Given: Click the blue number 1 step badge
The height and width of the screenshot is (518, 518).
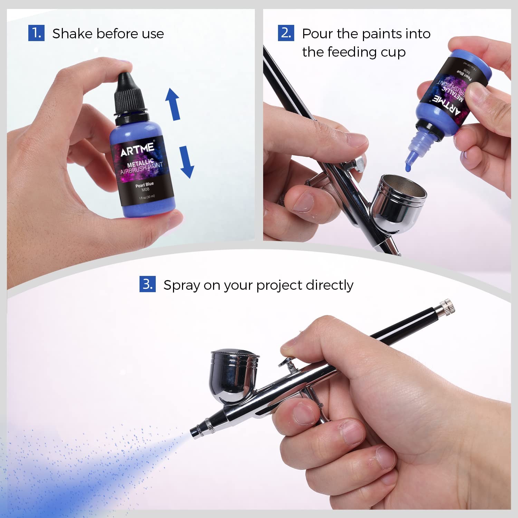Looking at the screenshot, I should pyautogui.click(x=36, y=33).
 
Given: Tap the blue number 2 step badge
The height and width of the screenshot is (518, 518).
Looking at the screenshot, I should pyautogui.click(x=286, y=33).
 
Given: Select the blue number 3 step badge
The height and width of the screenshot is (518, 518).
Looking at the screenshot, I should pyautogui.click(x=147, y=284).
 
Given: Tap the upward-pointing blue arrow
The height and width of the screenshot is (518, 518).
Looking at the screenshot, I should pyautogui.click(x=173, y=104).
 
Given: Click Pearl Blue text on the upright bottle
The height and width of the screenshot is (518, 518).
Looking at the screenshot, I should pyautogui.click(x=144, y=185).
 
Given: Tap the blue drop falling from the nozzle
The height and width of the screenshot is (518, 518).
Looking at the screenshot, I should pyautogui.click(x=408, y=167).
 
